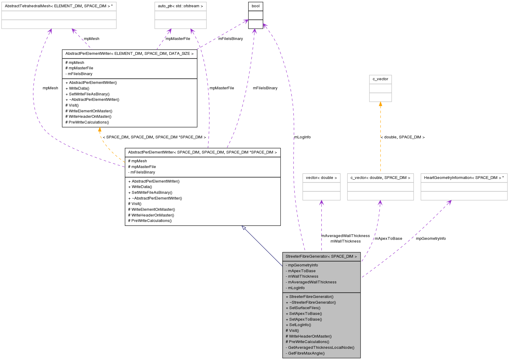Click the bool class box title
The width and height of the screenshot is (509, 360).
click(255, 6)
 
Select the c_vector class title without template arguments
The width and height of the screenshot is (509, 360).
click(380, 79)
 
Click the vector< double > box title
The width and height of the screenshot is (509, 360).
click(321, 178)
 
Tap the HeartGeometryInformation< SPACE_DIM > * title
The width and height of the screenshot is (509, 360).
click(464, 178)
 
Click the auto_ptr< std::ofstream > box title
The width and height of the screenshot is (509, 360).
click(180, 6)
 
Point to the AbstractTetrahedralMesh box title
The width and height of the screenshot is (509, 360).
click(59, 6)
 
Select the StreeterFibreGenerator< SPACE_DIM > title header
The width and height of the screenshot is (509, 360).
click(321, 256)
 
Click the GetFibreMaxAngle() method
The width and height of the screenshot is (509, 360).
click(306, 353)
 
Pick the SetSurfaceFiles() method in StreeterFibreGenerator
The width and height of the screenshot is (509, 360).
click(303, 308)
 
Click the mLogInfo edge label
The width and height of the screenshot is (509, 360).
click(302, 137)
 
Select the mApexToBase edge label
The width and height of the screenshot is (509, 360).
click(388, 239)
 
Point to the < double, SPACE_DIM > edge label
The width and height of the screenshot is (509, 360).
click(403, 137)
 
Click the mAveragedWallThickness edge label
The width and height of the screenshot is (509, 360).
click(345, 236)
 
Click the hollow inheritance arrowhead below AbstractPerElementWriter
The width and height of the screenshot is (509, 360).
click(244, 228)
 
